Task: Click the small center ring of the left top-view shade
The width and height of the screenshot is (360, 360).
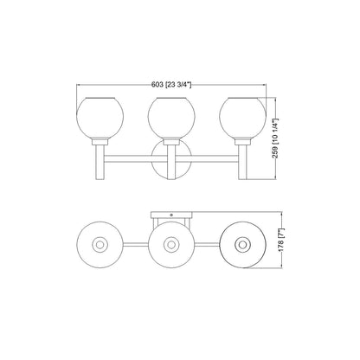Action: point(102,246)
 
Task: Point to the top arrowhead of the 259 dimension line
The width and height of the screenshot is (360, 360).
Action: point(277,98)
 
